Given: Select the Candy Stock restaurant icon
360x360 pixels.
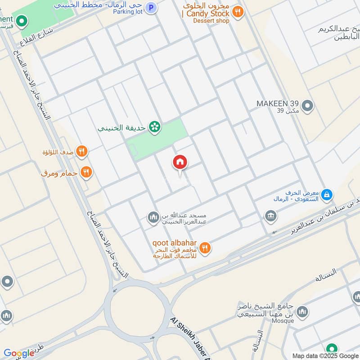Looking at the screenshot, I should point(239,12).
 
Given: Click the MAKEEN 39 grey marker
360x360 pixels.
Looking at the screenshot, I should point(308,106).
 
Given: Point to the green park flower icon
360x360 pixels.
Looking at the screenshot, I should point(155,127).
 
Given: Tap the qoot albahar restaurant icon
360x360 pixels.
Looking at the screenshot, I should point(205,247).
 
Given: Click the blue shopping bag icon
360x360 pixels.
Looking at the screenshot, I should point(328,195).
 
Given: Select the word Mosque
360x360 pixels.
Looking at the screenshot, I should point(283,320).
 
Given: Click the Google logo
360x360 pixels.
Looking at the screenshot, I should point(18,353).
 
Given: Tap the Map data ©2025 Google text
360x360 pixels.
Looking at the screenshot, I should point(325,355).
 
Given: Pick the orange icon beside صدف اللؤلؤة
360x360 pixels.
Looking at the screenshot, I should point(81,151).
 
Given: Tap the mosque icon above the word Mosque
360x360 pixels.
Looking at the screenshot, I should point(303,311).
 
